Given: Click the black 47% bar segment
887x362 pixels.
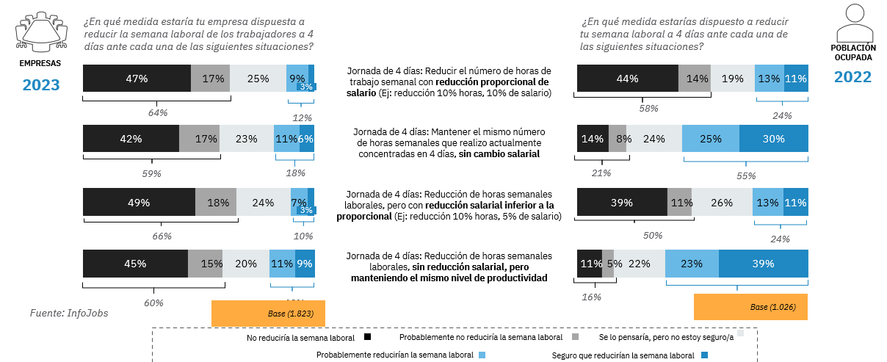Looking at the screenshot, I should point(137,79).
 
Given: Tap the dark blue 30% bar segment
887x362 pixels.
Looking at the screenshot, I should point(773,139).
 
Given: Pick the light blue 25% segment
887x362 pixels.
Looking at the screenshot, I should point(710,139).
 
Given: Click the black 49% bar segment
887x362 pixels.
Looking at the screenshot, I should point(139,202).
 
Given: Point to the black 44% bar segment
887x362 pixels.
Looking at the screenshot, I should point(628,79).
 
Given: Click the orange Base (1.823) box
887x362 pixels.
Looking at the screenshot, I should point(268,314).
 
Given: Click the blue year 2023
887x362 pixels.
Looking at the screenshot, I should point(40,85).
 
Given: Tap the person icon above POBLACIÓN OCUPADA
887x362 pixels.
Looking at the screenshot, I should point(852,23).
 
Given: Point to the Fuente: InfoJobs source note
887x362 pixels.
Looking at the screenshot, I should point(68,314).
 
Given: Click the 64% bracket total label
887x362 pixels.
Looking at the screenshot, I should point(158,112).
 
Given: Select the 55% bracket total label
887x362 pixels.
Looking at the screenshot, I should point(746,175).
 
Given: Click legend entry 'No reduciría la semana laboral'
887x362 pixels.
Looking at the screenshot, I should point(305,338).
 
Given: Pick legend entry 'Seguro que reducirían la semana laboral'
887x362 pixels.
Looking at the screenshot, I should point(629,355).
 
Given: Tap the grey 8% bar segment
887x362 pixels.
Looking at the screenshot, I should point(618,139).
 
